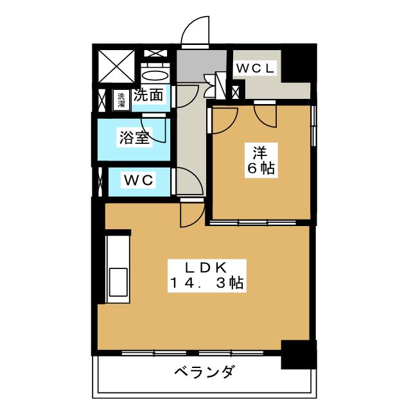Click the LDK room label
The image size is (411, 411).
pyautogui.click(x=206, y=268)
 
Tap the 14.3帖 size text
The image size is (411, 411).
pyautogui.click(x=207, y=283)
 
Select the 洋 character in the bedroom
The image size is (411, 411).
pyautogui.click(x=260, y=153)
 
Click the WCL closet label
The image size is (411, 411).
pyautogui.click(x=255, y=69)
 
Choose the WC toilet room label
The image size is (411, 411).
pyautogui.click(x=139, y=180)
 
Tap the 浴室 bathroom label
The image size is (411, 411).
pyautogui.click(x=134, y=137)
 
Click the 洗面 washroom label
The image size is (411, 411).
pyautogui.click(x=148, y=94)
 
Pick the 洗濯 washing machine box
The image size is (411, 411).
pyautogui.click(x=121, y=100)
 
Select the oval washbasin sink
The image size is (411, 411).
pyautogui.click(x=155, y=76)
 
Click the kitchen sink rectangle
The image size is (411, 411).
pyautogui.click(x=118, y=282)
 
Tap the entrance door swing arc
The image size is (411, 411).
pyautogui.click(x=195, y=31)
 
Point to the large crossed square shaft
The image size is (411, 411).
pyautogui.click(x=117, y=67)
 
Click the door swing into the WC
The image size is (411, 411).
pyautogui.click(x=188, y=181)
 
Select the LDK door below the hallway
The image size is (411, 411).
pyautogui.click(x=193, y=214)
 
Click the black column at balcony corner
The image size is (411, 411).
pyautogui.click(x=299, y=354)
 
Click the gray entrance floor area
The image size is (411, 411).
pyautogui.click(x=201, y=66)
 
